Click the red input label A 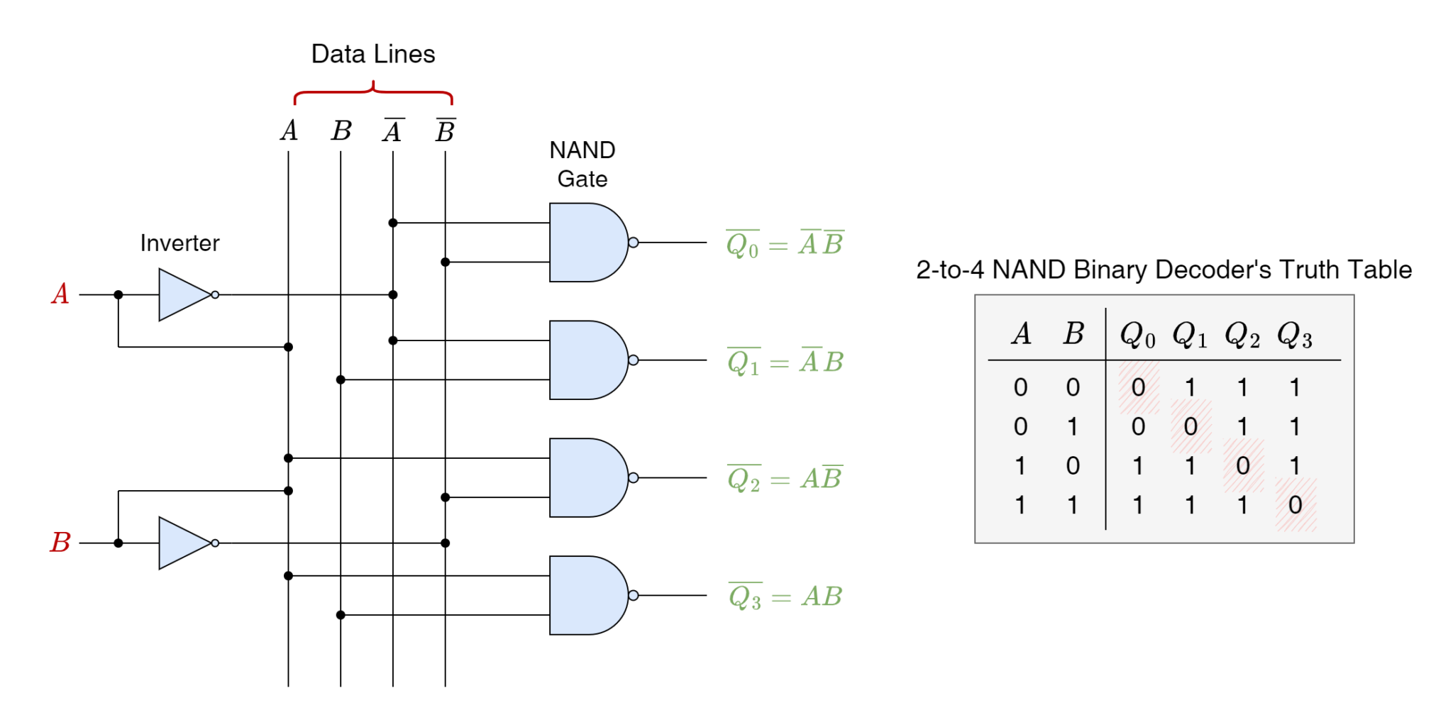[60, 294]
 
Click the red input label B [60, 543]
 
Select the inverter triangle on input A [185, 294]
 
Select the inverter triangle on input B [185, 543]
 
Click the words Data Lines [373, 54]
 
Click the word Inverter [179, 243]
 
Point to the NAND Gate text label [582, 164]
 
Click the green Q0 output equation [785, 244]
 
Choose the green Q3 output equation [785, 597]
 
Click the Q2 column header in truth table [1242, 334]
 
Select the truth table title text [1164, 270]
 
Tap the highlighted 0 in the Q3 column [1295, 505]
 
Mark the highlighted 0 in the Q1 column [1190, 426]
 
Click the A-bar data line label [393, 131]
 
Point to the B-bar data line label [446, 131]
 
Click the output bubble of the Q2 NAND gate [634, 477]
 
